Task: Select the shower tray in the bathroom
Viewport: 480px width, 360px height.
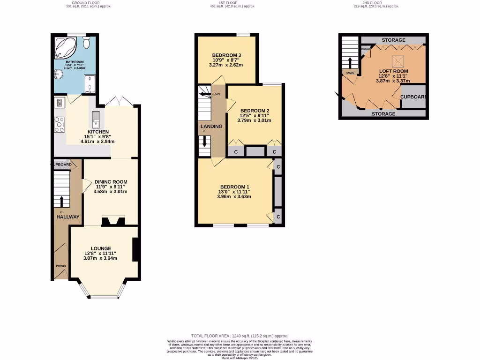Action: coord(89,84)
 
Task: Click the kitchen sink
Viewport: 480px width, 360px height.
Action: coord(96,119)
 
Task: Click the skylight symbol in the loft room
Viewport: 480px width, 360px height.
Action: coord(399,61)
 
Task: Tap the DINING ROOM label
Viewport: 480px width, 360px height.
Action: coord(111,182)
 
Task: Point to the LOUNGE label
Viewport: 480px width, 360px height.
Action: coord(101,248)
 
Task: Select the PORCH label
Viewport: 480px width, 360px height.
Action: coord(61,266)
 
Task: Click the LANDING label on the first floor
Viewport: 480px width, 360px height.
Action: coord(211,127)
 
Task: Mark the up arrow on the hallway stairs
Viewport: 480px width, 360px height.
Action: coord(61,201)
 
